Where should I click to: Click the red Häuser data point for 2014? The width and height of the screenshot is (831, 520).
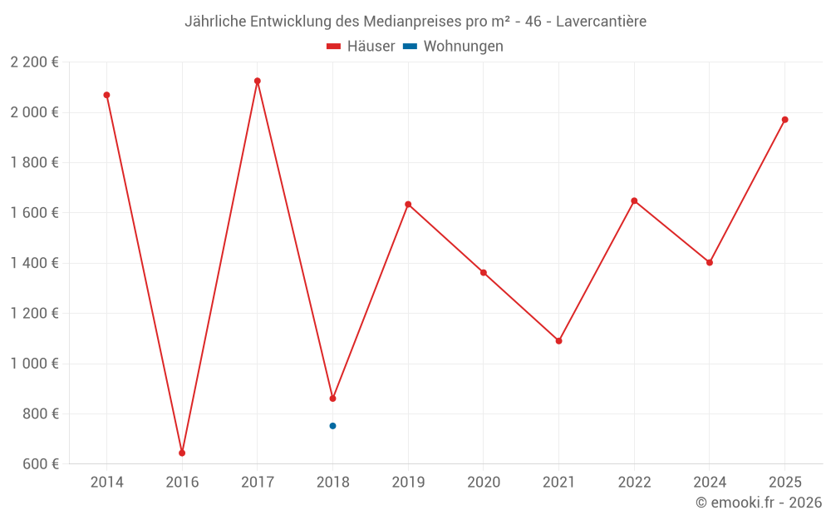coord(106,95)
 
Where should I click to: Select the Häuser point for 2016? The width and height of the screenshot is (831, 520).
coord(182,453)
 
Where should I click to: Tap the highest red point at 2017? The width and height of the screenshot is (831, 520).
coord(258,81)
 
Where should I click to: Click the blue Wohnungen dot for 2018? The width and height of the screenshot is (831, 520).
coord(332,426)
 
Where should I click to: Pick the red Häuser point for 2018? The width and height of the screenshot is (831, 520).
coord(332,399)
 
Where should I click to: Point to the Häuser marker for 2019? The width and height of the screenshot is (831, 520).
coord(408,204)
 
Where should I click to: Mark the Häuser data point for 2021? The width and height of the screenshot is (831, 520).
coord(558,341)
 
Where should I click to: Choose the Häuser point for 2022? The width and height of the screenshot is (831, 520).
coord(634,201)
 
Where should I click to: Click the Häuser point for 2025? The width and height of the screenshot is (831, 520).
coord(784,120)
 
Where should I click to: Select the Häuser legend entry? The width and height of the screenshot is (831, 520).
coord(361,47)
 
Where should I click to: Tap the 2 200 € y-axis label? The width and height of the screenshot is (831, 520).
coord(34,62)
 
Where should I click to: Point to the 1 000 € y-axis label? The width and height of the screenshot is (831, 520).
coord(34,364)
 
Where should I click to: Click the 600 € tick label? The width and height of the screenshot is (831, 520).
coord(40,464)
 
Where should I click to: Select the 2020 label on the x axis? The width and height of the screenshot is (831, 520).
coord(484,483)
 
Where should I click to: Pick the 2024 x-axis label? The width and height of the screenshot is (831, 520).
coord(709,483)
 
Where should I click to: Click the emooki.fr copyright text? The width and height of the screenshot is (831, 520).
coord(759,503)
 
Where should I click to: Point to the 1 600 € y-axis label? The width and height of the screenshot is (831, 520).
coord(34,213)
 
